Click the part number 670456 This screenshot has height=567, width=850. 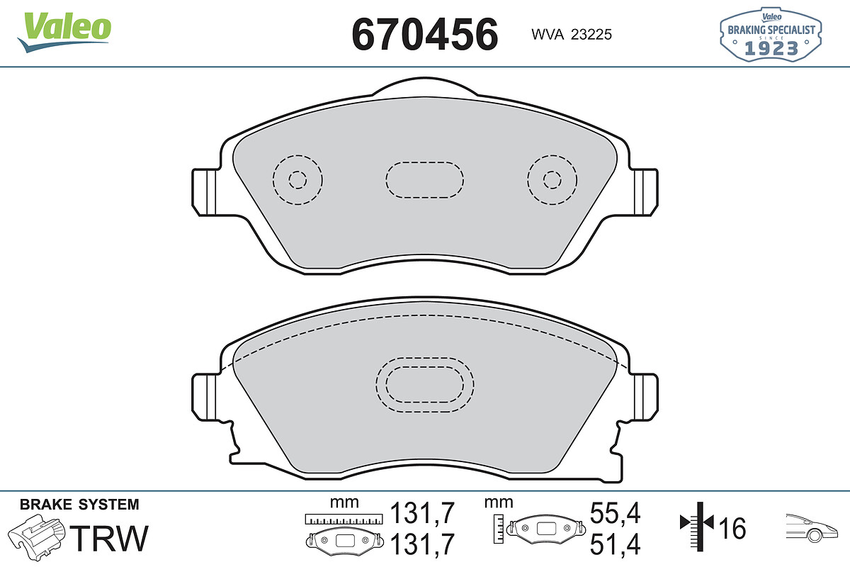[424, 34]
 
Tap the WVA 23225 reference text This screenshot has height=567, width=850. [572, 35]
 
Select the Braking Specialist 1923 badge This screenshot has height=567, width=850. [771, 35]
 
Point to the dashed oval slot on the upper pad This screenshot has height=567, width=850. [424, 162]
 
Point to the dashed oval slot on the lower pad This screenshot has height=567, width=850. [424, 358]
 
